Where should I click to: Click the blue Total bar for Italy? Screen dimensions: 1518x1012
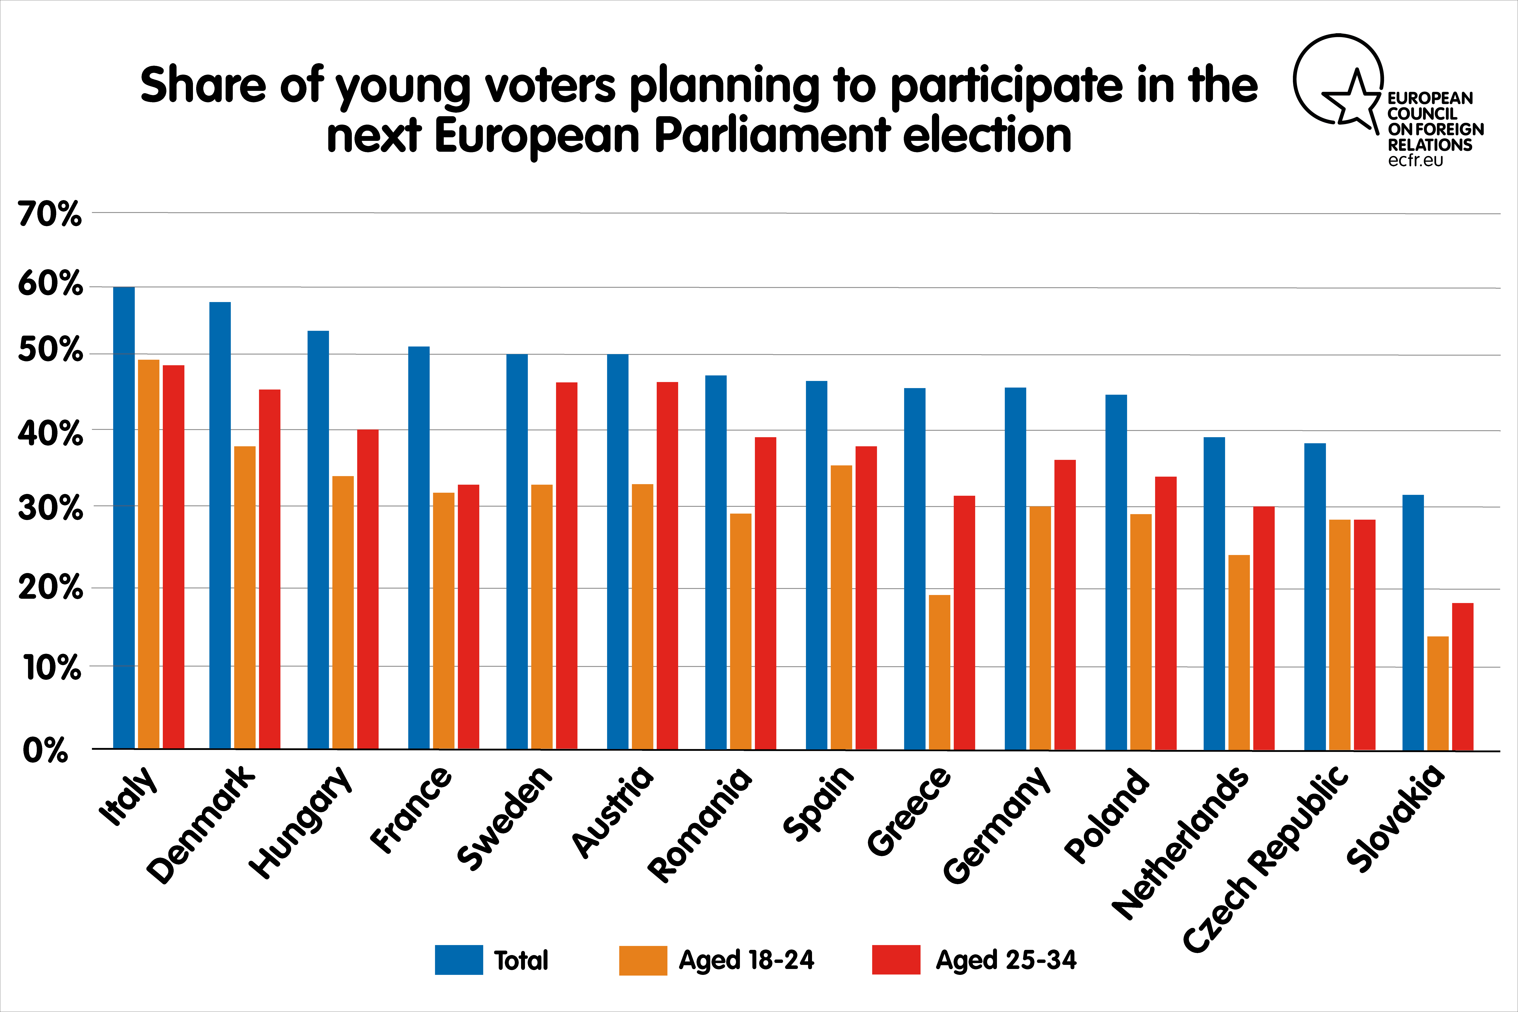tap(124, 518)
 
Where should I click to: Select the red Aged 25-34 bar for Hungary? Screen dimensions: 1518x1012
tap(368, 589)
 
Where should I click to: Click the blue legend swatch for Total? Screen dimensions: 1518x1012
tap(459, 960)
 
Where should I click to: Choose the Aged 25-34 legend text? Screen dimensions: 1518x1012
tap(1006, 960)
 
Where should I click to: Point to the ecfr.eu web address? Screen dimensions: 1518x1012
tap(1415, 160)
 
